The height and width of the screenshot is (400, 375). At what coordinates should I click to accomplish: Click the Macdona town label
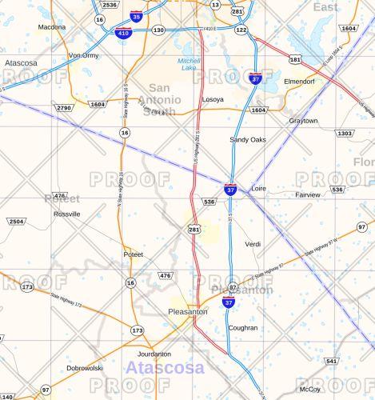click(52, 27)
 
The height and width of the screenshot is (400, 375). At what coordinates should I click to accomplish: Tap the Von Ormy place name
click(83, 55)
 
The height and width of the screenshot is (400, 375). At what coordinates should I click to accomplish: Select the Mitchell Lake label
click(189, 65)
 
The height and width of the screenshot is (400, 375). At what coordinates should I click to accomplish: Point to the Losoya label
click(213, 100)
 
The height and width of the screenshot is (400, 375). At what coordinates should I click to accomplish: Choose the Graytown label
click(303, 121)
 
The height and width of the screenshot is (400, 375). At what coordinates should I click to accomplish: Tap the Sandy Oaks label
click(248, 139)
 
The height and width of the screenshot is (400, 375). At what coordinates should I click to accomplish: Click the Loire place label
click(258, 189)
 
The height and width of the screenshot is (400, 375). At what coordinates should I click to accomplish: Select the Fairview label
click(308, 194)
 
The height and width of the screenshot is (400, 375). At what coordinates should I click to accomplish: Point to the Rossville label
click(66, 214)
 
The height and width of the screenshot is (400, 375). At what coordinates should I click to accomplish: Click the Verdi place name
click(253, 243)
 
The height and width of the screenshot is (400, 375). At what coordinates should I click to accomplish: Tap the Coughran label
click(243, 328)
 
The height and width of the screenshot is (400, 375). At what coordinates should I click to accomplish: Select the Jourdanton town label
click(154, 354)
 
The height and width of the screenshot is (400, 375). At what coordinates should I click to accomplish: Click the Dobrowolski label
click(85, 368)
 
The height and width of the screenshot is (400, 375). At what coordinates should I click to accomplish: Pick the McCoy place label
click(309, 389)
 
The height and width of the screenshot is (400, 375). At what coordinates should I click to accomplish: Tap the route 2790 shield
click(64, 107)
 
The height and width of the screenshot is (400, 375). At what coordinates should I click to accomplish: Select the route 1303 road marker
click(345, 133)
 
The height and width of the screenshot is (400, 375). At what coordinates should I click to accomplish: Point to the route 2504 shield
click(16, 220)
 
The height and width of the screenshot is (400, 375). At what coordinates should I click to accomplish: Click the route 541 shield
click(331, 361)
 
